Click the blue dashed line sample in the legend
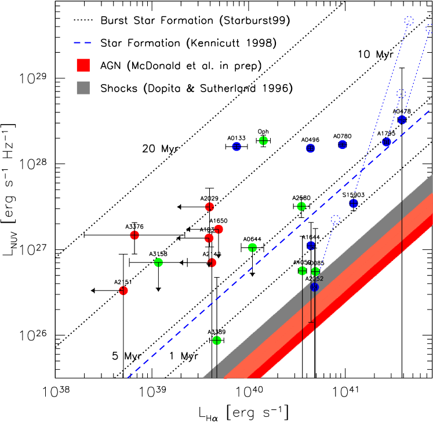pos(82,42)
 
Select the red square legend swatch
pos(83,65)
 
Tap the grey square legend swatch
pos(83,88)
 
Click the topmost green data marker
pos(263,140)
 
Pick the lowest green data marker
pos(217,340)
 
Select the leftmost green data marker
pos(158,263)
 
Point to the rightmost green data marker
pos(315,271)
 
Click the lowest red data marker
pos(123,290)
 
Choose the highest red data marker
pos(210,207)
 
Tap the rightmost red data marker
pos(219,229)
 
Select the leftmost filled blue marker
pos(236,147)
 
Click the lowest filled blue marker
pos(315,287)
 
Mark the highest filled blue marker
pos(402,120)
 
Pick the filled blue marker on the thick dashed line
pos(387,142)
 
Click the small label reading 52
pos(318,279)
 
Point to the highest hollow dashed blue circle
pos(409,21)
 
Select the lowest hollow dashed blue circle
pos(336,220)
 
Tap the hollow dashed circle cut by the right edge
pos(429,28)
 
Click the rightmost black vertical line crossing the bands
pos(402,226)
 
